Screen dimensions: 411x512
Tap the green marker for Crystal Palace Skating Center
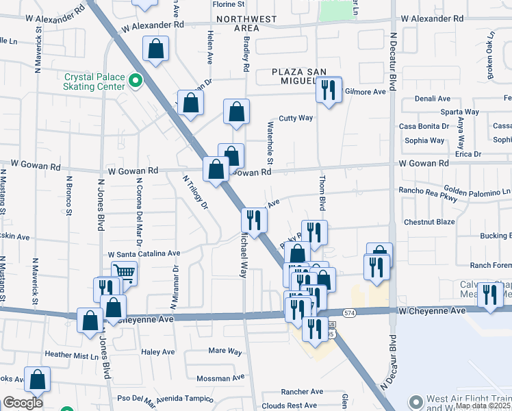136,82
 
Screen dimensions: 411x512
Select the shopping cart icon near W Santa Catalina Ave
124,272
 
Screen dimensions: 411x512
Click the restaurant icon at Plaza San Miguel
329,90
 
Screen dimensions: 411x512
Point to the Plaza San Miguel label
305,76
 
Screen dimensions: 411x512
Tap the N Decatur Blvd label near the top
393,55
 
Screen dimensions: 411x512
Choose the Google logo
23,403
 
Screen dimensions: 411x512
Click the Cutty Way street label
296,118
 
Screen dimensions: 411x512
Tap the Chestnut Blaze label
429,222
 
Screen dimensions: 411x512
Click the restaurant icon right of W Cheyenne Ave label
489,295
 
